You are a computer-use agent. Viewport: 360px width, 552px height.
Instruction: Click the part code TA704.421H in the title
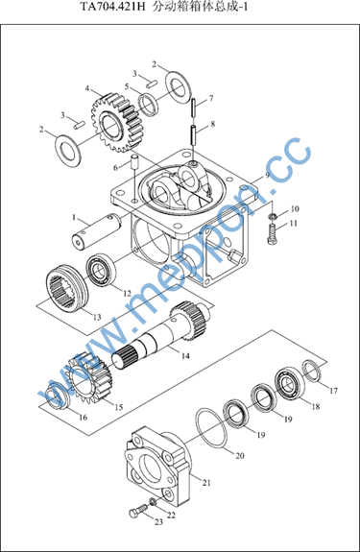coord(112,7)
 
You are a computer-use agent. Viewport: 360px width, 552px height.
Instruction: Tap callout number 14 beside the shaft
coord(185,356)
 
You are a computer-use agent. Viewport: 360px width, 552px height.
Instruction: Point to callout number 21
coord(206,483)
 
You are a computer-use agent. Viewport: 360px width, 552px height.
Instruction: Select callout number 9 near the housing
coord(267,175)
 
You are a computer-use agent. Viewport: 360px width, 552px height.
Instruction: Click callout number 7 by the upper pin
coord(211,98)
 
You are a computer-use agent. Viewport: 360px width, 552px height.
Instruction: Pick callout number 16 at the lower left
coord(84,418)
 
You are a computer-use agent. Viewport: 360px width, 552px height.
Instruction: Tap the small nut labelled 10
coord(272,215)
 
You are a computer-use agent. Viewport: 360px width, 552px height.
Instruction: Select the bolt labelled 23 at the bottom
coord(138,511)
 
